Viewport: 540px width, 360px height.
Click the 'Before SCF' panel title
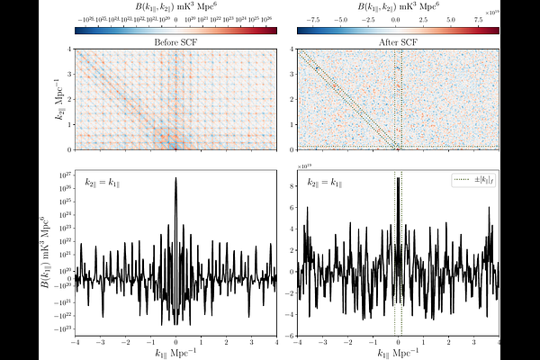tap(175, 41)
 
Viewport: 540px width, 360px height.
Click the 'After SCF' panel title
tap(398, 41)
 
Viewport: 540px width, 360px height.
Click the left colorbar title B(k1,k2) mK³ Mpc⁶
tap(175, 6)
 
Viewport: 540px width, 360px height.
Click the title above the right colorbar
tap(398, 6)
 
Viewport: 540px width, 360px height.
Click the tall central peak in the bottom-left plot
tap(175, 180)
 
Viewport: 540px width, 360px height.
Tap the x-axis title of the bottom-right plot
tap(398, 352)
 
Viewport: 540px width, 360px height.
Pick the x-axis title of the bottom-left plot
tap(175, 352)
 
